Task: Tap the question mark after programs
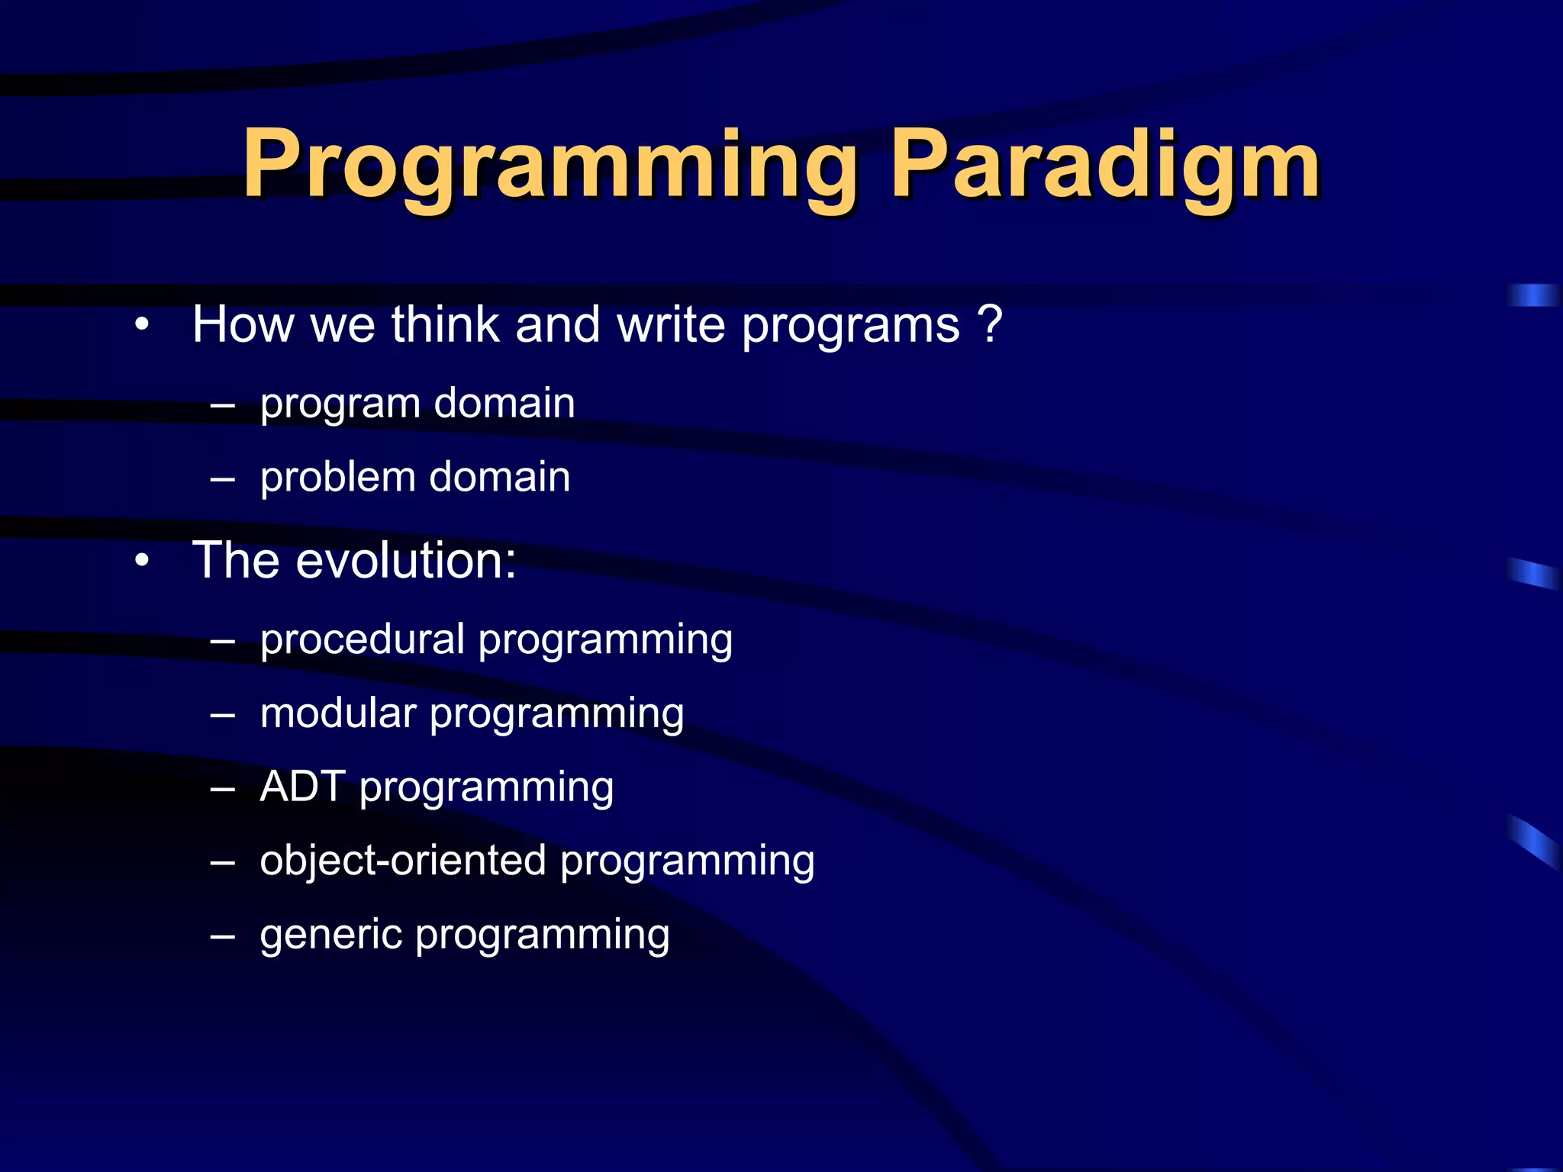click(989, 324)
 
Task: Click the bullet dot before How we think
click(141, 326)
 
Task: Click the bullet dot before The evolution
click(141, 562)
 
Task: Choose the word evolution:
click(406, 560)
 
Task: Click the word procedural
click(362, 639)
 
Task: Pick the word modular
click(337, 713)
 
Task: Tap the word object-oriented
click(403, 861)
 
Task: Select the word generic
click(330, 935)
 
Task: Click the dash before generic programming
click(222, 935)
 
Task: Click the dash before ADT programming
click(222, 787)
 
